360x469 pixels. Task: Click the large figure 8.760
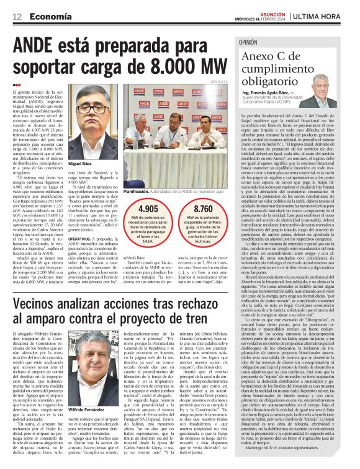(x=203, y=210)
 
